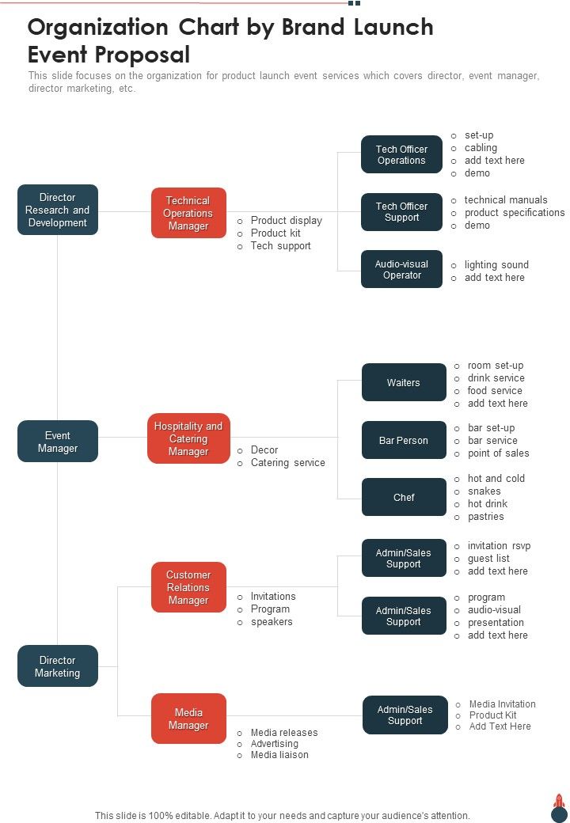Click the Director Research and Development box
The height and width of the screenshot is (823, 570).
click(x=58, y=210)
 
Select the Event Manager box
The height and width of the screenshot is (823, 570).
click(x=58, y=442)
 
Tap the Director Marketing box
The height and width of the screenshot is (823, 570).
click(x=58, y=666)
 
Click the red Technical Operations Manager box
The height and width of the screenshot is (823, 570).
click(x=188, y=213)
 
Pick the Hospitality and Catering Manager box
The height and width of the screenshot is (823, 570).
click(x=188, y=438)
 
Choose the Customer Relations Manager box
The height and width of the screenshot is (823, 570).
click(x=188, y=587)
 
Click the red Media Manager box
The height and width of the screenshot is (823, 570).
click(x=188, y=719)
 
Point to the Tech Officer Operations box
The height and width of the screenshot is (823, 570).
click(x=401, y=154)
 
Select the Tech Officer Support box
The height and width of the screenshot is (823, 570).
click(x=401, y=212)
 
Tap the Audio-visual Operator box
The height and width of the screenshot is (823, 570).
click(x=401, y=269)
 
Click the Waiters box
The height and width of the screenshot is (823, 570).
click(x=404, y=383)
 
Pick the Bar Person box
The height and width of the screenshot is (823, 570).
click(x=404, y=440)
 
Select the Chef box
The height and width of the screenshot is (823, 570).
click(x=404, y=497)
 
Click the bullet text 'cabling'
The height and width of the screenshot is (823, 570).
click(x=481, y=148)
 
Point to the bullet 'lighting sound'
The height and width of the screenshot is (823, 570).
click(x=496, y=265)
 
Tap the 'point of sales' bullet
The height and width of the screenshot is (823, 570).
click(x=498, y=453)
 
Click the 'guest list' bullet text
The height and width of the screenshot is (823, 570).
click(x=488, y=559)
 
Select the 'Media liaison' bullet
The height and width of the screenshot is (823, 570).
click(x=279, y=755)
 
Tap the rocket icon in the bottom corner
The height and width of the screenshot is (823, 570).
click(x=559, y=808)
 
